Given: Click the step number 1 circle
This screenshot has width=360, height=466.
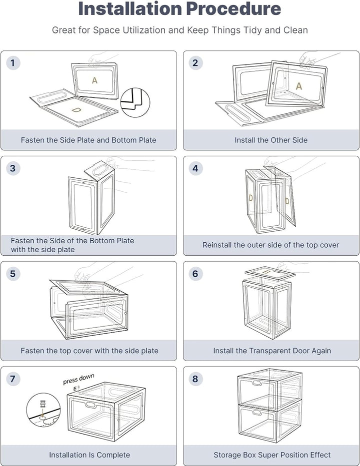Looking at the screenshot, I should [12, 63].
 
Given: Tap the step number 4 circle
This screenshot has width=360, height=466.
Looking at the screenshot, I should [195, 168].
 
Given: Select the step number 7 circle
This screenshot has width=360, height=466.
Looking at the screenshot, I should [12, 379].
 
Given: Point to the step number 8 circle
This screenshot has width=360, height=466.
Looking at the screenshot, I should [195, 379].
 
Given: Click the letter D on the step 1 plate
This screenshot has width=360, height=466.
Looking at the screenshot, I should [75, 109].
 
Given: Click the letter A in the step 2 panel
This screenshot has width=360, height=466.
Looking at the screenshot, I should [299, 86].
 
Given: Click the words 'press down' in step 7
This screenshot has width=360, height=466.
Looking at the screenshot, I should [78, 379].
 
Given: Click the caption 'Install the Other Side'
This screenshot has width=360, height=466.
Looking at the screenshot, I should [271, 140].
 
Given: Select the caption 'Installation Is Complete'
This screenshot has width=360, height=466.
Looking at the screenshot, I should [89, 455].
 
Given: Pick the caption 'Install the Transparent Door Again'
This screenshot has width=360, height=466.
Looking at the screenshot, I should [272, 351].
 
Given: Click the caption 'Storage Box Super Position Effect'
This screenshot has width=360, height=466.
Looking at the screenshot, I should [272, 455].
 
